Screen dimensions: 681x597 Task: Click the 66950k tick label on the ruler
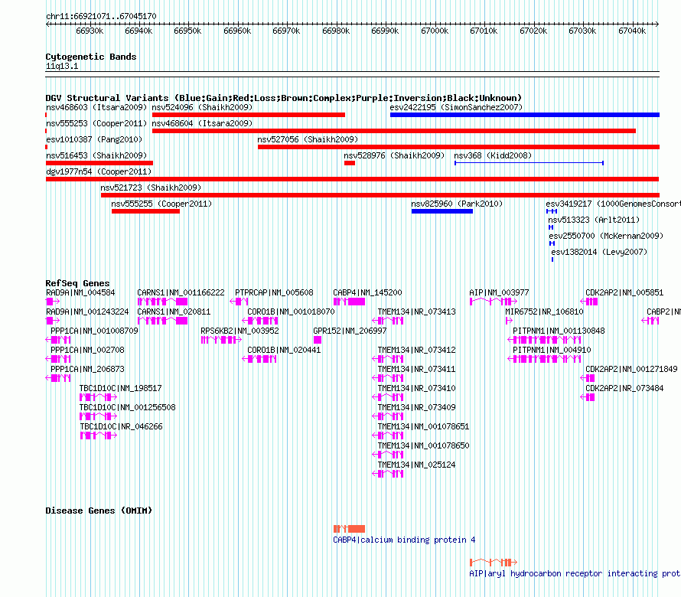[x=187, y=31]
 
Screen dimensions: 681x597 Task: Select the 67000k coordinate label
[x=435, y=31]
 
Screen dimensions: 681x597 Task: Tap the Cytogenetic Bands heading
[x=91, y=57]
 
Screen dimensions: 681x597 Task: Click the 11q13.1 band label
[x=62, y=66]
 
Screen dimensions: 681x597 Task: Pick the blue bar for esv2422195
[x=525, y=115]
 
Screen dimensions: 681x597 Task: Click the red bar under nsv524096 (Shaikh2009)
[x=249, y=115]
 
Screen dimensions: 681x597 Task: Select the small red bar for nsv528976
[x=350, y=163]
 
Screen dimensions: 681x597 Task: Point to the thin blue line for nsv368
[x=529, y=163]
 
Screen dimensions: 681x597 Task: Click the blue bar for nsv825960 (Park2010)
[x=442, y=211]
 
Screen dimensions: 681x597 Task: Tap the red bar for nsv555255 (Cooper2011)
[x=145, y=211]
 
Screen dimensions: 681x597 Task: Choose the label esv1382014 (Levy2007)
[x=599, y=252]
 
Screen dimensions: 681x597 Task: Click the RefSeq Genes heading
[x=78, y=283]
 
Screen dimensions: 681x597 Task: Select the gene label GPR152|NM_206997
[x=350, y=331]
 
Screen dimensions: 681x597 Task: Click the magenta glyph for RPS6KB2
[x=221, y=340]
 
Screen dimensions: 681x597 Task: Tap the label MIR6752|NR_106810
[x=544, y=312]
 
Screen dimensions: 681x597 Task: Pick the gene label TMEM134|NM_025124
[x=416, y=465]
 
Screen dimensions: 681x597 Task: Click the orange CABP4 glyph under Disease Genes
[x=349, y=529]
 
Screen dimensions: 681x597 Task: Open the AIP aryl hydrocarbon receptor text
[x=575, y=573]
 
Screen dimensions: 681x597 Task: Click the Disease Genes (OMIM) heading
[x=99, y=511]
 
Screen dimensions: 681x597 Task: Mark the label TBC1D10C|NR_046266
[x=121, y=426]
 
